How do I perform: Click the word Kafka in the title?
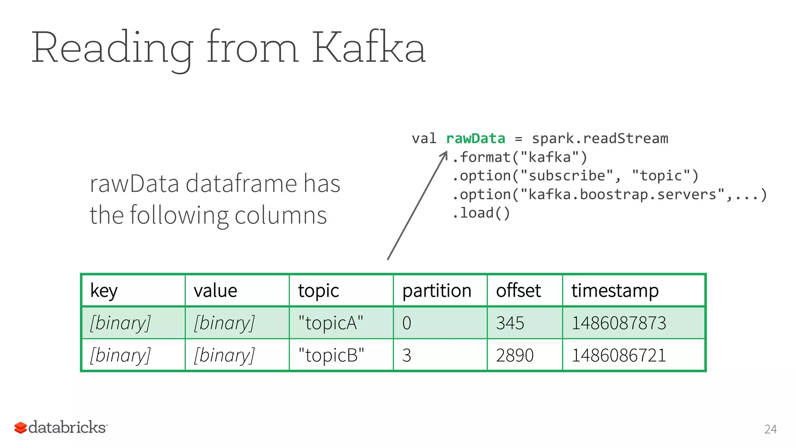[x=368, y=47]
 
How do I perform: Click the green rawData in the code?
[x=475, y=138]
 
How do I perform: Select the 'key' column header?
[x=104, y=290]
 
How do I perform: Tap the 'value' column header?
[x=215, y=290]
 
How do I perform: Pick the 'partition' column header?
[x=436, y=290]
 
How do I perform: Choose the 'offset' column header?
[x=518, y=290]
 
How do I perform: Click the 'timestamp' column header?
[x=615, y=290]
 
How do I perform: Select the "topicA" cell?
[x=330, y=323]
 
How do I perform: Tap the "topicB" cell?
[x=331, y=355]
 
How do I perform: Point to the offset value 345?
[x=510, y=323]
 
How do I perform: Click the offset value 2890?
[x=515, y=355]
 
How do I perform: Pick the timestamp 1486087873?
[x=619, y=323]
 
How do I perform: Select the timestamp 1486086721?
[x=619, y=355]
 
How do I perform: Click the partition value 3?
[x=407, y=355]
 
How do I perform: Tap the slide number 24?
[x=770, y=429]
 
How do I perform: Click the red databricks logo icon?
[x=21, y=428]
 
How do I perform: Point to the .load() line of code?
[x=481, y=213]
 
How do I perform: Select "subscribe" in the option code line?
[x=567, y=176]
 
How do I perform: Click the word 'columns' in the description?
[x=281, y=215]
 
